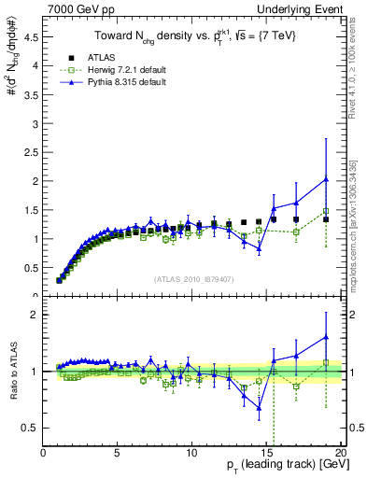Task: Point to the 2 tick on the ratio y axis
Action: pyautogui.click(x=35, y=315)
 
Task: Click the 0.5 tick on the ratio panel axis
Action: pyautogui.click(x=31, y=428)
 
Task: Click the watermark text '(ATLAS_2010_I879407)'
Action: pyautogui.click(x=193, y=280)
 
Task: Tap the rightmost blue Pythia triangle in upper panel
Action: pyautogui.click(x=325, y=179)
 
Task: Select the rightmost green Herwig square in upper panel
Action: pyautogui.click(x=325, y=211)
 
